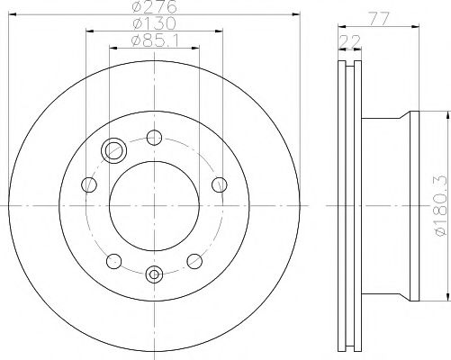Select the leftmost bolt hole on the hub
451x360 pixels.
pyautogui.click(x=89, y=185)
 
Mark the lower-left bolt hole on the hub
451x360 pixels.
pyautogui.click(x=113, y=261)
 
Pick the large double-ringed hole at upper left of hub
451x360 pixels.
pyautogui.click(x=114, y=150)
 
